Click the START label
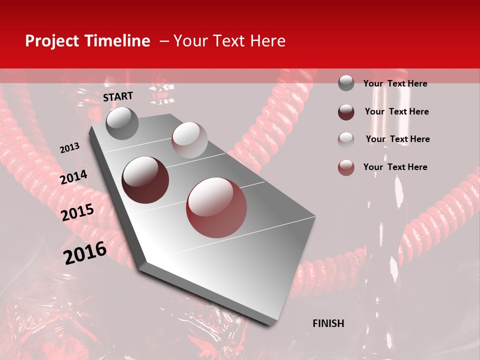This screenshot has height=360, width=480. tap(118, 96)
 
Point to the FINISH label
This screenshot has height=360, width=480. tap(328, 323)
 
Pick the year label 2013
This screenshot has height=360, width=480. tap(69, 148)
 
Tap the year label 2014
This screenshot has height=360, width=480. tap(73, 177)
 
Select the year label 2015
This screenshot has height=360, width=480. tap(77, 212)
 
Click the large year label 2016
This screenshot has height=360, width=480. tap(85, 252)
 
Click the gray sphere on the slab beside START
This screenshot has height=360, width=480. tap(122, 123)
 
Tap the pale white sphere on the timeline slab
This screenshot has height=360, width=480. tap(189, 140)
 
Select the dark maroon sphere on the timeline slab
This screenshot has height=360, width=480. tap(145, 180)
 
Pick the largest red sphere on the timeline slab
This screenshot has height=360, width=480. tap(216, 207)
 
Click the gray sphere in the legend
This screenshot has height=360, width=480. tap(346, 83)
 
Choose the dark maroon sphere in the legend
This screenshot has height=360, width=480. tap(346, 112)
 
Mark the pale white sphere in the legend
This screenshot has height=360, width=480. tap(346, 139)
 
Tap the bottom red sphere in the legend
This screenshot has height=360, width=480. tap(346, 167)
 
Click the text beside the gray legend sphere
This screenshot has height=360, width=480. tap(395, 83)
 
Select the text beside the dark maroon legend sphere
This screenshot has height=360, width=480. tap(396, 111)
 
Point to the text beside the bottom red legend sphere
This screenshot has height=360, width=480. tap(395, 167)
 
